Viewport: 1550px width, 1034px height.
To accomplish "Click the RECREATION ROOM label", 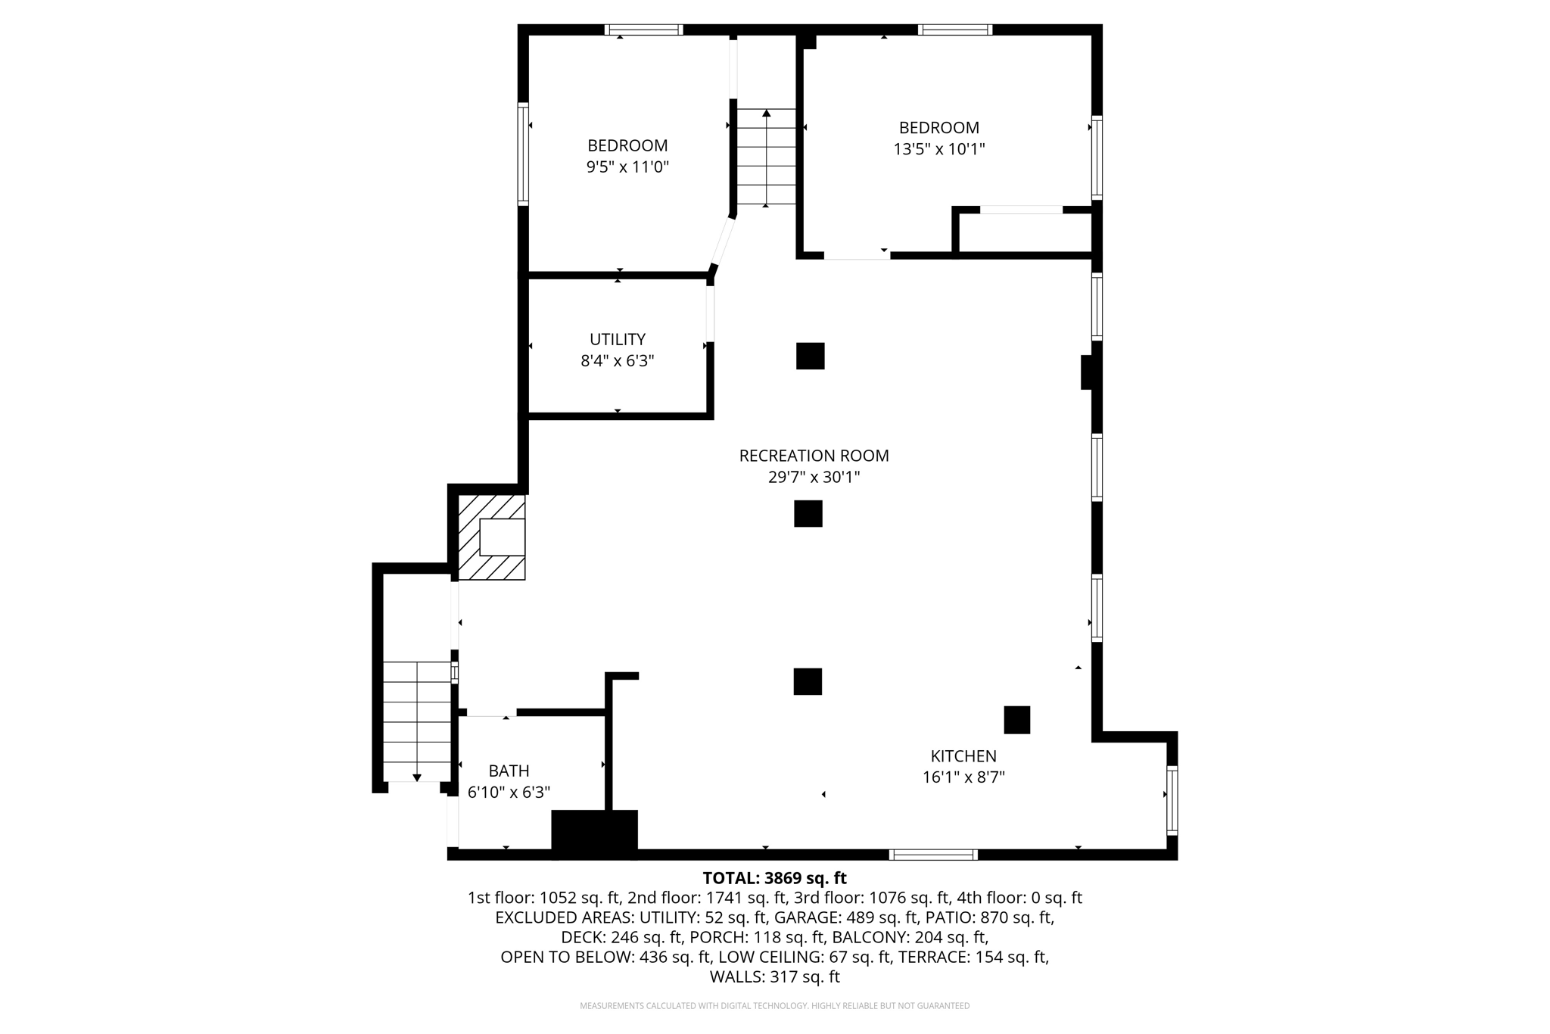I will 814,456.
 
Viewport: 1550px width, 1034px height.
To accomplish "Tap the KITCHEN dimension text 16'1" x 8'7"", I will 963,777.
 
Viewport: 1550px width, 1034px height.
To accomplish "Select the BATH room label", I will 509,771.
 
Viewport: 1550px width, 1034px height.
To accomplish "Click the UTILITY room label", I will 618,339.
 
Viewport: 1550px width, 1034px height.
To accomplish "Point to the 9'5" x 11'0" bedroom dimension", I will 627,167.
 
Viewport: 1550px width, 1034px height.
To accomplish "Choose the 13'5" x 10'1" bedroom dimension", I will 938,149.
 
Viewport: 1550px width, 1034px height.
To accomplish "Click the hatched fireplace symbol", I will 492,537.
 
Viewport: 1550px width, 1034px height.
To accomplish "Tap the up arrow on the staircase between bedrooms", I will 767,114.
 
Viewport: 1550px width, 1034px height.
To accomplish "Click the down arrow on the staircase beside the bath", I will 416,777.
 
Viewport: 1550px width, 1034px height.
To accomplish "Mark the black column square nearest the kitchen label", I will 1016,720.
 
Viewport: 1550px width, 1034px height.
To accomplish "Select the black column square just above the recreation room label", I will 810,356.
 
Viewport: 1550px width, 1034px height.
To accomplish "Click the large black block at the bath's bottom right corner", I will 594,833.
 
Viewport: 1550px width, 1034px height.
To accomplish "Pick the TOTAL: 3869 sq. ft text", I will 774,878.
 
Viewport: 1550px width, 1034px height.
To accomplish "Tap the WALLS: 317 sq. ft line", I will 774,976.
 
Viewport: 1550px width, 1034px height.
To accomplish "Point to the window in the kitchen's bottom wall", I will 933,855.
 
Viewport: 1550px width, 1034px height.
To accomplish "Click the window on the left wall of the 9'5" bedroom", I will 523,154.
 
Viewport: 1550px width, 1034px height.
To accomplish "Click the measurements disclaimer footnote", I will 774,1006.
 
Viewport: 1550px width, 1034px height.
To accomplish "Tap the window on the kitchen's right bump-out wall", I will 1172,800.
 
